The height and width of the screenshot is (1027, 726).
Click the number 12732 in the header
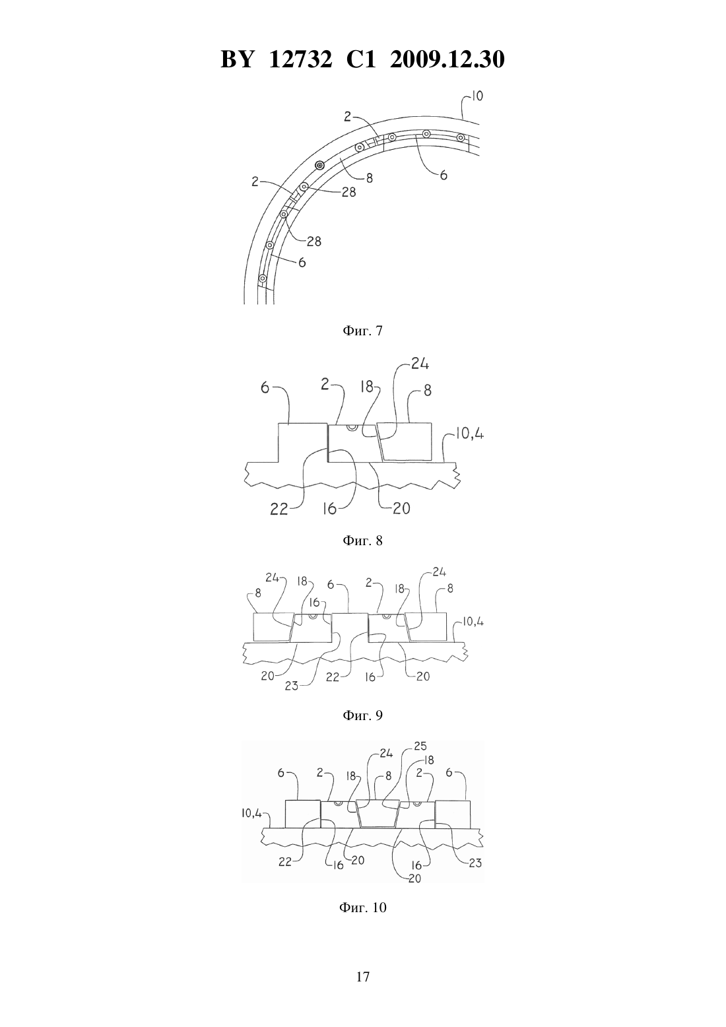click(300, 59)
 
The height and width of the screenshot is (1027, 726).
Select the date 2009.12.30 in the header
click(447, 59)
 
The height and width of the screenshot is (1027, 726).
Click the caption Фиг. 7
click(362, 331)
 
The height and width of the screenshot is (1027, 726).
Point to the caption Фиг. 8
click(362, 541)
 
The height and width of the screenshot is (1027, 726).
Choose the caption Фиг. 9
click(362, 715)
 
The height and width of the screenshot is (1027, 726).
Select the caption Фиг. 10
click(362, 908)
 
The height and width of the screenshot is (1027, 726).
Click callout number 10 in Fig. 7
click(477, 96)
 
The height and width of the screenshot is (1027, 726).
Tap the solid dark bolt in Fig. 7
click(319, 165)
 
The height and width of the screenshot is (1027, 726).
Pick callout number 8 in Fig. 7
click(370, 178)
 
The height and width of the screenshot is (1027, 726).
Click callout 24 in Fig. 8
click(420, 364)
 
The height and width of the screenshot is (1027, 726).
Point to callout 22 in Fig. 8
click(279, 509)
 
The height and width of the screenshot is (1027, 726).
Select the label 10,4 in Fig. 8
click(470, 434)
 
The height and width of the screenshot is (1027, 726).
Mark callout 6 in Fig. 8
click(265, 388)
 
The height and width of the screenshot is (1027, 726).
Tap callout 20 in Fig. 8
click(401, 508)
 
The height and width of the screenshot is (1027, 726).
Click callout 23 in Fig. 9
click(292, 686)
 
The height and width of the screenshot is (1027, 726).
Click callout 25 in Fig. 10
click(420, 746)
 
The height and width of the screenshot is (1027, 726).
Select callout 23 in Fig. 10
click(475, 863)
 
